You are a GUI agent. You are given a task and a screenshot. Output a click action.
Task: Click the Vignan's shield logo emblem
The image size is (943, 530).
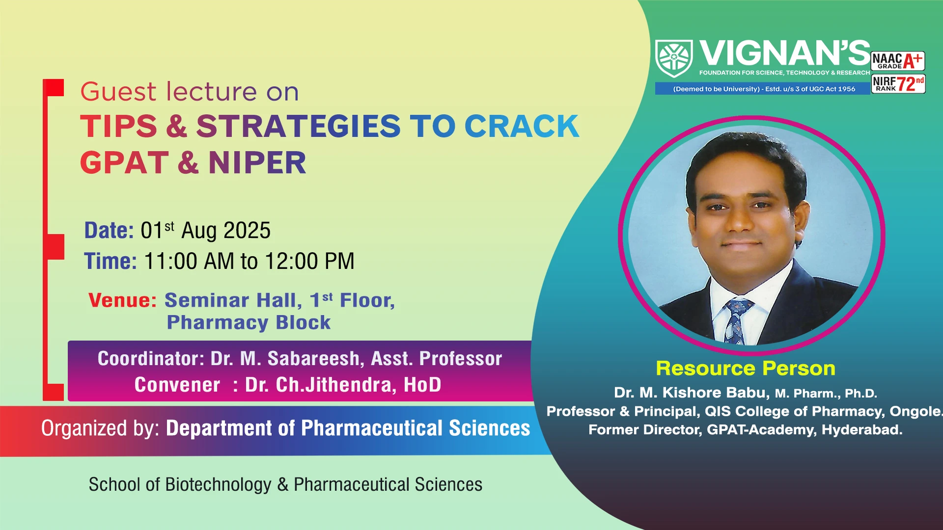coord(674,58)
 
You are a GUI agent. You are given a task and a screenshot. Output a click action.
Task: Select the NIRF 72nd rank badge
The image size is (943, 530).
coord(898,84)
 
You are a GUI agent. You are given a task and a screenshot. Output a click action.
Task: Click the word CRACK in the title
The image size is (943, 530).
coord(522,126)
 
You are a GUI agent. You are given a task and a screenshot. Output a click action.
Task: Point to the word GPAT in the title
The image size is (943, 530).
coord(124,163)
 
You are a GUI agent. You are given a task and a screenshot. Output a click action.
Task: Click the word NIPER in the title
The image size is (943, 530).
coord(257,163)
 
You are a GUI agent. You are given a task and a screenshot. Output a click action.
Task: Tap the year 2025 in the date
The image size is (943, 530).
coord(247,231)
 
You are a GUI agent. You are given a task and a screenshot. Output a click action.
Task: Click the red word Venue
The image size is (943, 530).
coord(122,300)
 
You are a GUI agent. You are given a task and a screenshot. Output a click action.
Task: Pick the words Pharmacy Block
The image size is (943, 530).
coord(249,322)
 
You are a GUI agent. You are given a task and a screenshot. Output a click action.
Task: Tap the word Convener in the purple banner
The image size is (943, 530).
coord(177,385)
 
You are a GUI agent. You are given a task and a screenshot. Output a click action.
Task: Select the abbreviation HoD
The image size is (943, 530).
coord(422,385)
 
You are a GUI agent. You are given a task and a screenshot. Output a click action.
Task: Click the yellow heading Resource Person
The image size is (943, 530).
coord(746,369)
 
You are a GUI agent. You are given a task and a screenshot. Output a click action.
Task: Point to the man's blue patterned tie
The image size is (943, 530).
coord(735,321)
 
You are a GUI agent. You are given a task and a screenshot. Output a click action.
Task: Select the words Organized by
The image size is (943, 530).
coord(100,428)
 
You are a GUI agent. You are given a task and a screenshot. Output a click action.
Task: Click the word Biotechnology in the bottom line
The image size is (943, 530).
coord(218,485)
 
